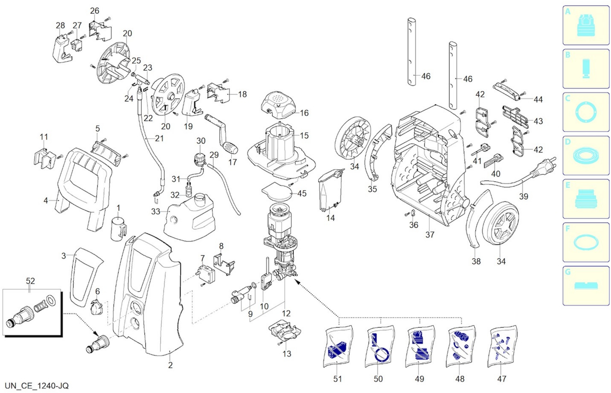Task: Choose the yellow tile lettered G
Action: (x=586, y=286)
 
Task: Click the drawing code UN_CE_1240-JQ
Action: (x=37, y=386)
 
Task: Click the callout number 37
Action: (x=430, y=235)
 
